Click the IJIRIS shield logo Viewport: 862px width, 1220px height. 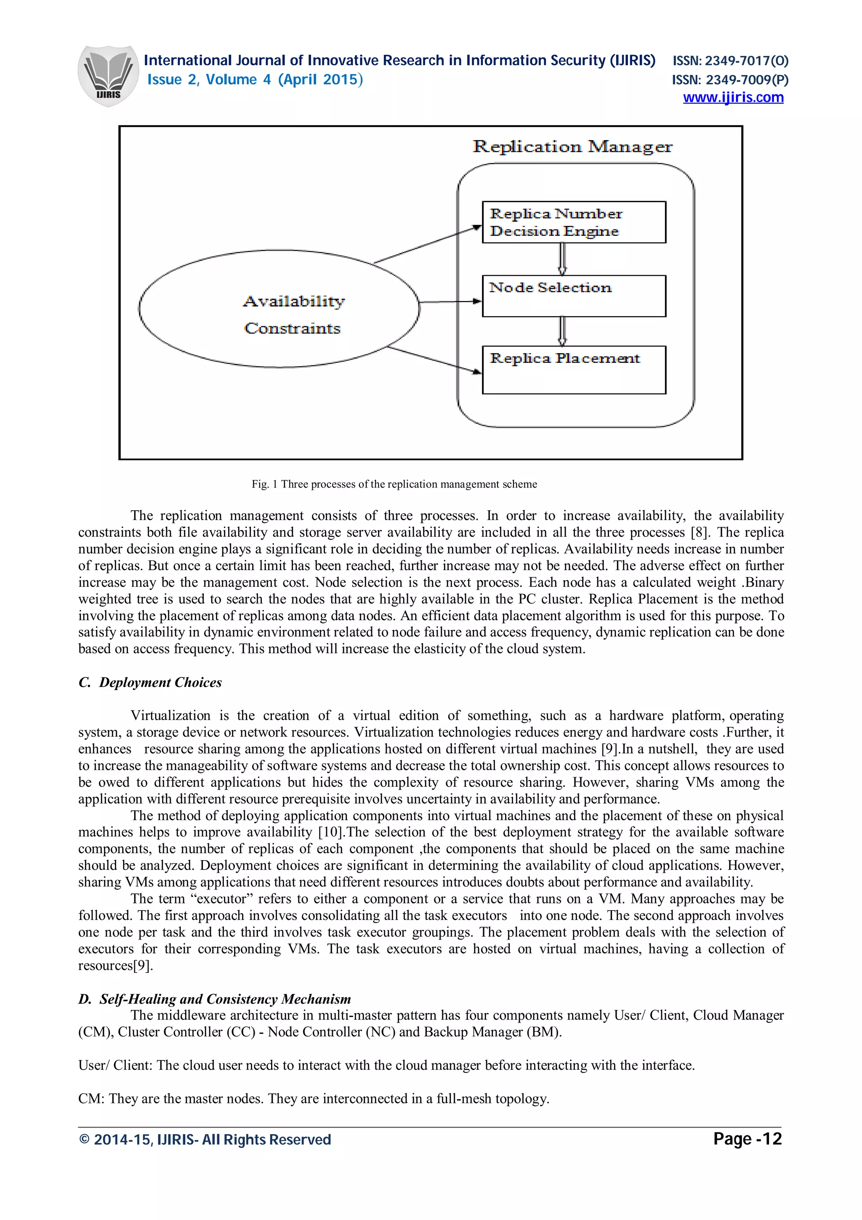[x=108, y=75]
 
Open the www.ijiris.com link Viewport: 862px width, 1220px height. [x=732, y=98]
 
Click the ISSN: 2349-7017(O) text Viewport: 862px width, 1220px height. [x=730, y=61]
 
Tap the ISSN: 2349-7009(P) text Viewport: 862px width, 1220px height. [x=730, y=80]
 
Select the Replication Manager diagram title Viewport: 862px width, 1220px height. [x=572, y=147]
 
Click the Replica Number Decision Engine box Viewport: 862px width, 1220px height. [x=574, y=222]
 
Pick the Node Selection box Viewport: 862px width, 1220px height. [x=574, y=296]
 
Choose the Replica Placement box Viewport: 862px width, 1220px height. [x=574, y=370]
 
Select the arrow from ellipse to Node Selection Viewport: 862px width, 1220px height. [x=450, y=302]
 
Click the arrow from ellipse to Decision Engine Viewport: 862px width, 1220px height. [x=428, y=245]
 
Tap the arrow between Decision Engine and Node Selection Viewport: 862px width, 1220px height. [x=562, y=259]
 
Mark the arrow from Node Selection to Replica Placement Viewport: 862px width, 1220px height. [x=562, y=331]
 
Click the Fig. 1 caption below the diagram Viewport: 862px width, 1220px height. [x=394, y=484]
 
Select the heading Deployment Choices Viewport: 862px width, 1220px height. [x=150, y=682]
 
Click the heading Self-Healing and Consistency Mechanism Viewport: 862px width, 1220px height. [x=215, y=999]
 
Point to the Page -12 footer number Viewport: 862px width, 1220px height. [x=747, y=1139]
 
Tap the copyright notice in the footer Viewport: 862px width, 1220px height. [x=205, y=1140]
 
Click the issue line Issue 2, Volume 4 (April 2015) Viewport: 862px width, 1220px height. [x=255, y=80]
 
